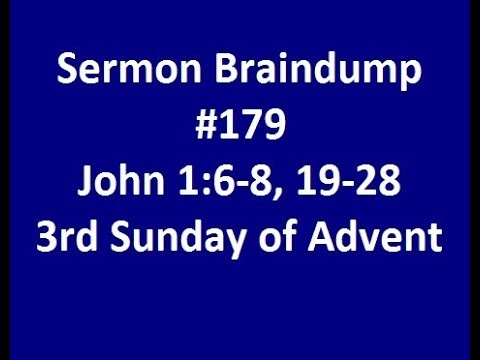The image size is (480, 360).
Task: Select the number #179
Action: tap(240, 128)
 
